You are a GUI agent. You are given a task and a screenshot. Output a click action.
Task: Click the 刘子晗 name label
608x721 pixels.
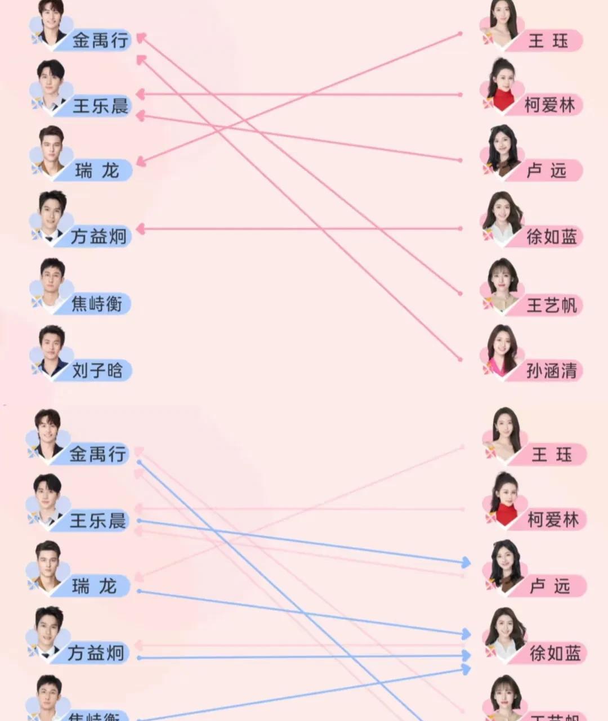pos(97,370)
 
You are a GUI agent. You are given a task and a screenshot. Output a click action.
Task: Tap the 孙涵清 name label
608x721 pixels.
pos(551,370)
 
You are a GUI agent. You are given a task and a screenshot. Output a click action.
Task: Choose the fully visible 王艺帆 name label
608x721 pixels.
pos(551,305)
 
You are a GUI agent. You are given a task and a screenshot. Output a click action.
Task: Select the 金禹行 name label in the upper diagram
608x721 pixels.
pos(100,41)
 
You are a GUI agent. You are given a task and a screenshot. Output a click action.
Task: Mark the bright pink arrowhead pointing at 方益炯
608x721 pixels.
pos(141,229)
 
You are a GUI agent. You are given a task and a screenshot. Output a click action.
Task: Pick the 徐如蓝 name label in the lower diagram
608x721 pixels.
pos(555,653)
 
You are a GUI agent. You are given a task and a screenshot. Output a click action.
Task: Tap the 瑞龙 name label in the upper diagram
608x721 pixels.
pos(97,171)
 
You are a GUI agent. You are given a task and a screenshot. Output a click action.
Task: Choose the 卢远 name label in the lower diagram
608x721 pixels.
pos(550,586)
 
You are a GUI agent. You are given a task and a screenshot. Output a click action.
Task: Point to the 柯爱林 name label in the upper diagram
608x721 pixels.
pos(549,105)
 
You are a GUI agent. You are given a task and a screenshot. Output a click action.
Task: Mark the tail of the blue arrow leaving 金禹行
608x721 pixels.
pos(139,462)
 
